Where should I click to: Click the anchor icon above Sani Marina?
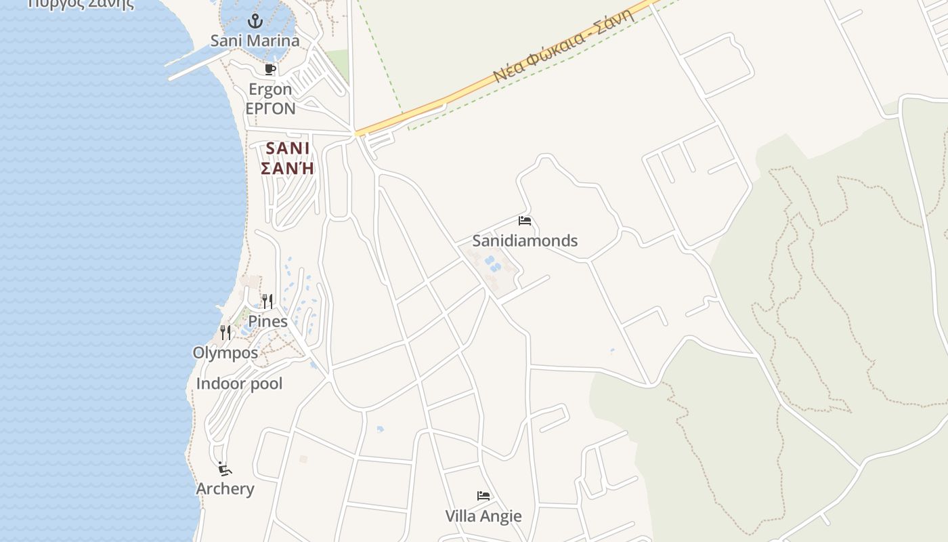(x=255, y=21)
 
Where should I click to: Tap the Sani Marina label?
(x=255, y=41)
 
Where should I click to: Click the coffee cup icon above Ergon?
(x=270, y=69)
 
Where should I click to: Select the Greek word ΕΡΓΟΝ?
(x=270, y=108)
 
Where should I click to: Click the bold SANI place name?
(x=288, y=148)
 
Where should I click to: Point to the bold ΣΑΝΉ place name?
(x=288, y=168)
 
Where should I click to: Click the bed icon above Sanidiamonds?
(x=525, y=221)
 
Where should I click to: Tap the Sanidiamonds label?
(x=525, y=241)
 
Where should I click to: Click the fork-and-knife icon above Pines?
(x=267, y=301)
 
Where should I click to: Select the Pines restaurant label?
(x=267, y=321)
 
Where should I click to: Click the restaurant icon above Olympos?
(x=225, y=333)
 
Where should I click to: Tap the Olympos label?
(x=225, y=353)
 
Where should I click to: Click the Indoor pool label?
(x=239, y=383)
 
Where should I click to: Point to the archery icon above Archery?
(x=225, y=469)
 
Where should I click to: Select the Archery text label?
(x=225, y=488)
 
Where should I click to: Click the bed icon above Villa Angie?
(x=483, y=496)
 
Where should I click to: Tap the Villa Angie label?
(x=483, y=516)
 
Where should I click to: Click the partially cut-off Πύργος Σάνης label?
(x=81, y=3)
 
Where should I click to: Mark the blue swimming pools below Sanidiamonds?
(x=492, y=264)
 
